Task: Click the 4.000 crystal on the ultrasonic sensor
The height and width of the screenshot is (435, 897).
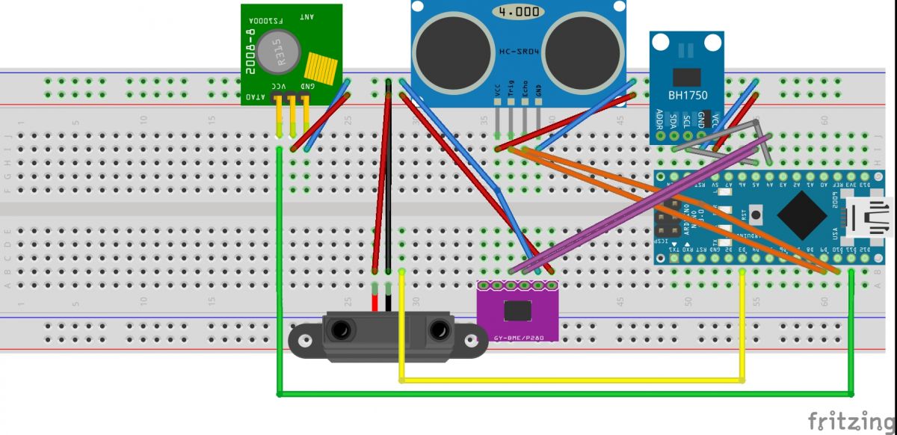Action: click(517, 13)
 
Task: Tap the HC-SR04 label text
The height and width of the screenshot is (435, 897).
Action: click(519, 52)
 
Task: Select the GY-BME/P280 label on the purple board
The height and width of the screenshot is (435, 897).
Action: click(517, 338)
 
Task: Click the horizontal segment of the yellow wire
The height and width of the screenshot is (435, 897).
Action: click(573, 381)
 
